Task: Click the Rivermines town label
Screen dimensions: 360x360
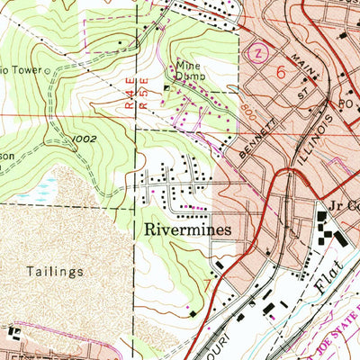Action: pos(186,229)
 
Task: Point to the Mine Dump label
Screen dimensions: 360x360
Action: pos(190,76)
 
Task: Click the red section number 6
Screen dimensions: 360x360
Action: pos(281,69)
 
